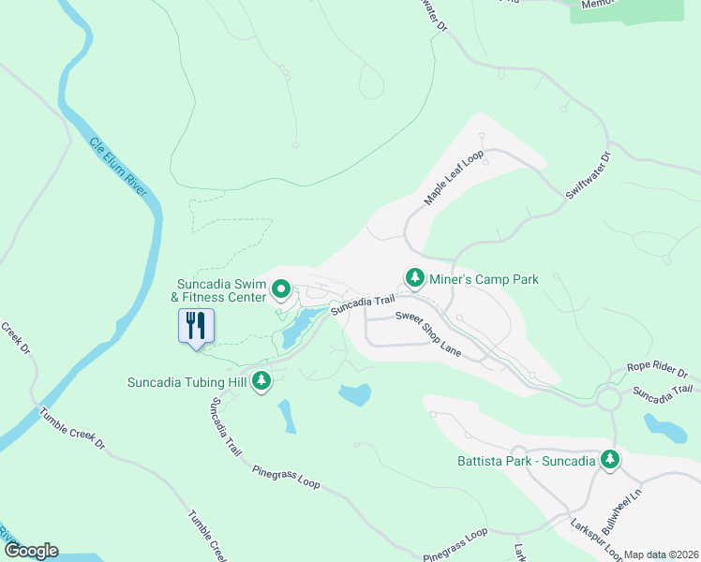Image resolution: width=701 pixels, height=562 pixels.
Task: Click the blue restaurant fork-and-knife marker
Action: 196,326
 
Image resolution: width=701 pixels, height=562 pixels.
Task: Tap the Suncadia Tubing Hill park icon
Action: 262,381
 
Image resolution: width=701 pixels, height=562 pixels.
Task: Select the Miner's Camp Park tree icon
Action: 415,278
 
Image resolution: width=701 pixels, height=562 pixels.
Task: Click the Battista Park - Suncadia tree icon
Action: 610,459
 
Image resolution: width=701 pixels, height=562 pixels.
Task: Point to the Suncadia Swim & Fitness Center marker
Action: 280,290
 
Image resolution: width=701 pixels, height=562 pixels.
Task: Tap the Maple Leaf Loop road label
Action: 452,179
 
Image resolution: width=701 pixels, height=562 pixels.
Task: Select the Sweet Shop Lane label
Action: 427,331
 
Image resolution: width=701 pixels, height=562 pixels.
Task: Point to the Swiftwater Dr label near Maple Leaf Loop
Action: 588,175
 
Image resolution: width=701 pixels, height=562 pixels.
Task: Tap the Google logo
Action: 30,551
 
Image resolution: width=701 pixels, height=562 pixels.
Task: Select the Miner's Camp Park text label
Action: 484,279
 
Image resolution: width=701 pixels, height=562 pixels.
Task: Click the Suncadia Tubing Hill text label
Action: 188,381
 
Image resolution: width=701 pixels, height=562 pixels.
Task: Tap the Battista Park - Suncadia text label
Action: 526,460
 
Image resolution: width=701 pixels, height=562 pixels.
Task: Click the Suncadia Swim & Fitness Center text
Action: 221,290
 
